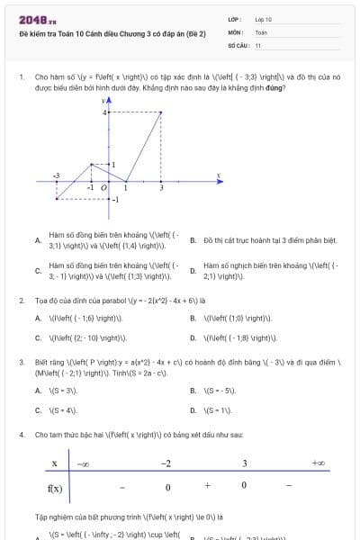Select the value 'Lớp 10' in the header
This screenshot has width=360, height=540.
pos(263,19)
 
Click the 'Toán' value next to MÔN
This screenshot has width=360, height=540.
pos(260,31)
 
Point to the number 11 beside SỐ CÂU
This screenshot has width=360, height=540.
pos(257,44)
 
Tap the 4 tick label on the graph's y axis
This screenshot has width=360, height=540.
pos(103,112)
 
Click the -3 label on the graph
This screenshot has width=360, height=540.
pos(56,175)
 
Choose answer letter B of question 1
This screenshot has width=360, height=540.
pos(193,240)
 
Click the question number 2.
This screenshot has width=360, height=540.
pos(22,301)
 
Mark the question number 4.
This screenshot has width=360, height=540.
pos(22,435)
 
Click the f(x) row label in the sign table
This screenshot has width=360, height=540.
pos(55,488)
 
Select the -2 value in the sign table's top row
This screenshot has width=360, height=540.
pos(166,463)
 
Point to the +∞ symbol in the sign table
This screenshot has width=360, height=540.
pos(318,463)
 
